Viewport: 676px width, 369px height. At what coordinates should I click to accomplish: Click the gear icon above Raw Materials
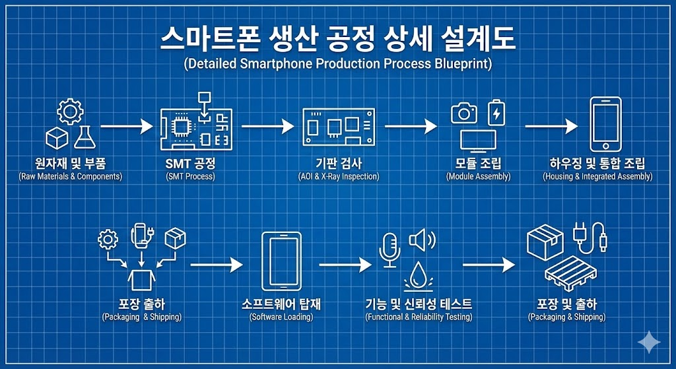click(69, 112)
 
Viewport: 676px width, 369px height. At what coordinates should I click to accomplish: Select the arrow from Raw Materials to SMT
click(126, 125)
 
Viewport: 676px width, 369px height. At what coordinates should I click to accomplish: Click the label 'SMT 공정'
click(190, 163)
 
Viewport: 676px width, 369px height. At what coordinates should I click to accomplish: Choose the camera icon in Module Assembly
click(464, 113)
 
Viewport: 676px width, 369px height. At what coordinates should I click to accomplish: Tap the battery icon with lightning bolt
click(496, 112)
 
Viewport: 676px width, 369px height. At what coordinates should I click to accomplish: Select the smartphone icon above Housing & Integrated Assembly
click(605, 124)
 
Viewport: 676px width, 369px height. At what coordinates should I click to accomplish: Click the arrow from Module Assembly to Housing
click(552, 125)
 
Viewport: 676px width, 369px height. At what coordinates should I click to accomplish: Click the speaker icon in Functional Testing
click(421, 240)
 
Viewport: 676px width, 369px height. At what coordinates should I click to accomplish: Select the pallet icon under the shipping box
click(570, 278)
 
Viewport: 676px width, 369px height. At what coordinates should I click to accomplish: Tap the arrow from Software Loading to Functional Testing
click(345, 265)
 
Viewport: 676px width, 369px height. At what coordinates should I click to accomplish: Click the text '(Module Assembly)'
click(478, 177)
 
